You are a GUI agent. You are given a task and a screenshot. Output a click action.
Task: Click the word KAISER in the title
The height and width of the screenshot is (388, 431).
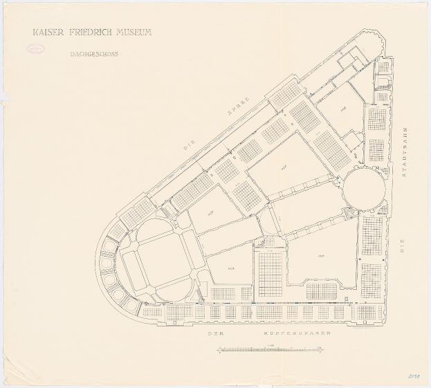coord(48,33)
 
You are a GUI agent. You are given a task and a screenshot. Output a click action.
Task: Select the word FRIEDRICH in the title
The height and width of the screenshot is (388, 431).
coord(93,33)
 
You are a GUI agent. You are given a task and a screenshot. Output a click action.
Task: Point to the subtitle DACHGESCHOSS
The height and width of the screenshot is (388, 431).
coord(93,53)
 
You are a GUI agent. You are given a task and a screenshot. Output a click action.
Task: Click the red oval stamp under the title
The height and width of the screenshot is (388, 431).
coord(35,49)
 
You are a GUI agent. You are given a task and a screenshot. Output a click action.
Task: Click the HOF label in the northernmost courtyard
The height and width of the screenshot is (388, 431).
coord(344,109)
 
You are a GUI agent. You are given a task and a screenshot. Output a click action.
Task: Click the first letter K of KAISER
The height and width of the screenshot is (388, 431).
coord(35,33)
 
